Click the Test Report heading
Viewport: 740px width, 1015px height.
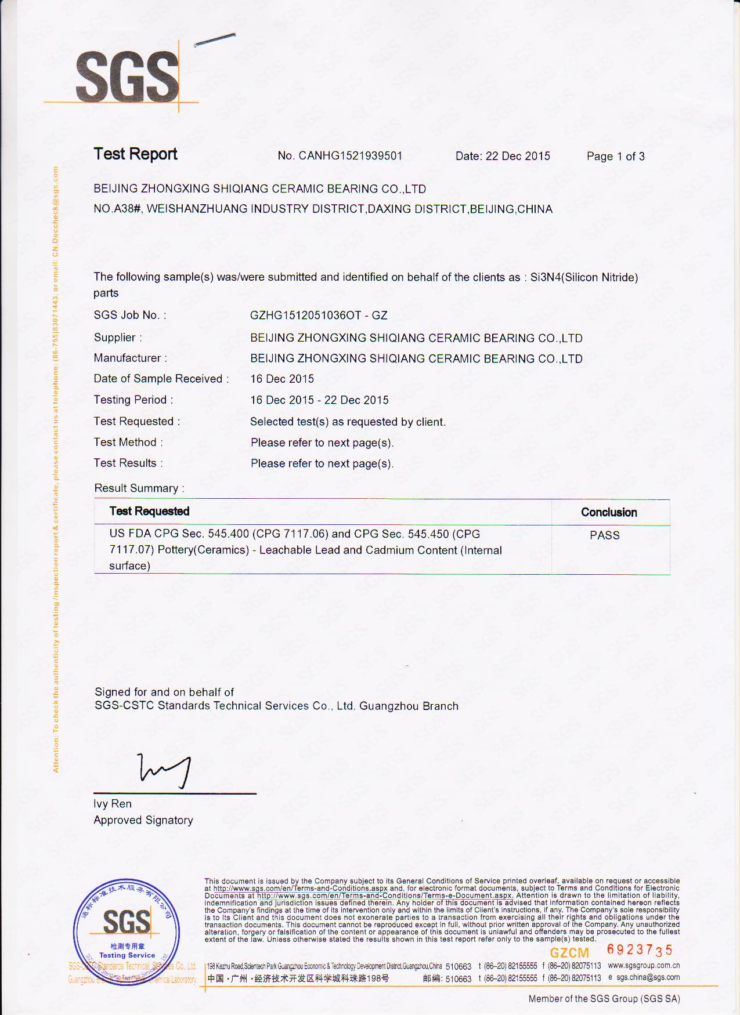pyautogui.click(x=135, y=154)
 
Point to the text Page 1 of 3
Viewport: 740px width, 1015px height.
pyautogui.click(x=615, y=157)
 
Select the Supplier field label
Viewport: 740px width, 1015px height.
pyautogui.click(x=117, y=338)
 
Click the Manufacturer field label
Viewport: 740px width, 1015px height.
pyautogui.click(x=130, y=358)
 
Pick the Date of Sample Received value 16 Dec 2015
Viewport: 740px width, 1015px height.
pyautogui.click(x=282, y=379)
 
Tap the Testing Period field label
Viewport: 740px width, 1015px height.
pyautogui.click(x=133, y=400)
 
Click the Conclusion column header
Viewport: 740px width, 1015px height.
pyautogui.click(x=609, y=513)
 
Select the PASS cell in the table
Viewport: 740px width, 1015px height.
pyautogui.click(x=605, y=536)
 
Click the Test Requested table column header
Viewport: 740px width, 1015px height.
pyautogui.click(x=149, y=512)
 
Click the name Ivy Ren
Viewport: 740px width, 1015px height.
pyautogui.click(x=113, y=804)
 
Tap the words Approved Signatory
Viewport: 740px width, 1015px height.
pyautogui.click(x=143, y=821)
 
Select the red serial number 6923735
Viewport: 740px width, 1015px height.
pyautogui.click(x=640, y=950)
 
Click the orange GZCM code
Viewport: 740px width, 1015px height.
pyautogui.click(x=569, y=953)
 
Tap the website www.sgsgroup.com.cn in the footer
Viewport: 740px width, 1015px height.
pyautogui.click(x=644, y=966)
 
